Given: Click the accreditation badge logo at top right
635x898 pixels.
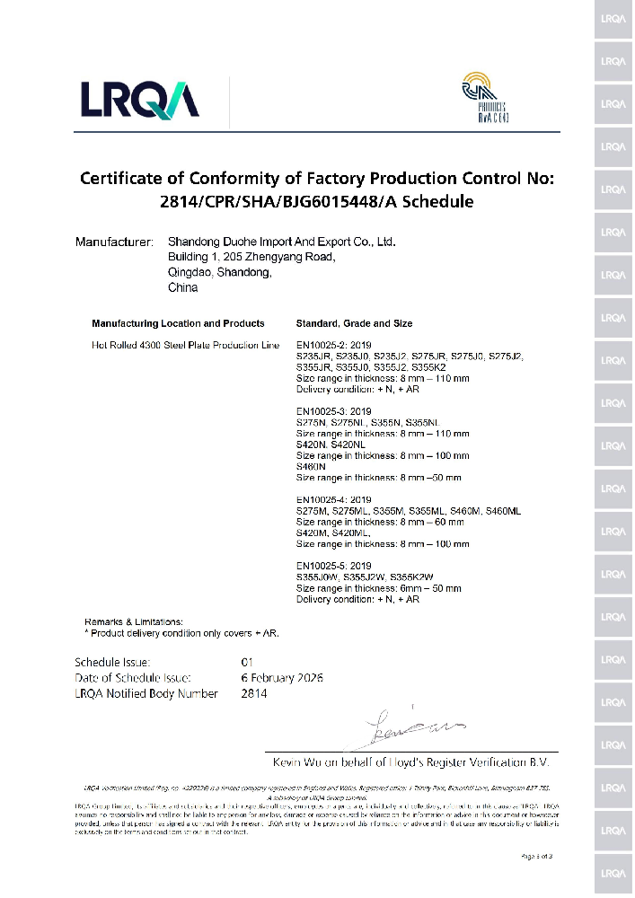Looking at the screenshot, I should pos(484,98).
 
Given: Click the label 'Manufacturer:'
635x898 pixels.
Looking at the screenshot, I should pos(114,242).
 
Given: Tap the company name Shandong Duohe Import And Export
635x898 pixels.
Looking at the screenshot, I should pos(282,242).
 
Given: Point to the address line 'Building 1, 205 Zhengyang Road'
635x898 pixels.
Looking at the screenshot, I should pos(251,258).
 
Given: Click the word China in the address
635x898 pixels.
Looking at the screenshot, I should pos(182,288).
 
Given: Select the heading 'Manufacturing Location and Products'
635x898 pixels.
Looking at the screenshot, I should pos(178,323).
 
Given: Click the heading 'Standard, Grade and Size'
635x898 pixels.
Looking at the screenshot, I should pos(354,323).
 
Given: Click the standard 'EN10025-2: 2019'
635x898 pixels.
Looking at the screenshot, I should pos(333,346).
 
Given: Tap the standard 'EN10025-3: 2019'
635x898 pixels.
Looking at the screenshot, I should pos(333,411).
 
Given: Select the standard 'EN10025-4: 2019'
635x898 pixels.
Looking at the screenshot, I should pos(333,499).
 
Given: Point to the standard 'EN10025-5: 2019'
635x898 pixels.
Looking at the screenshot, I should pos(333,566).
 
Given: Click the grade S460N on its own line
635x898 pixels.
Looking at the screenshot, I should pos(311,467).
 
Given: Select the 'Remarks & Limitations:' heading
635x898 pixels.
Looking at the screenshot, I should pos(133,621).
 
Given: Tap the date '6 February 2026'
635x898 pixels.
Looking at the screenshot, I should pos(282,678).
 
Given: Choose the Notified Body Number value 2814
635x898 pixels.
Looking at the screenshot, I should pos(254,693).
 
